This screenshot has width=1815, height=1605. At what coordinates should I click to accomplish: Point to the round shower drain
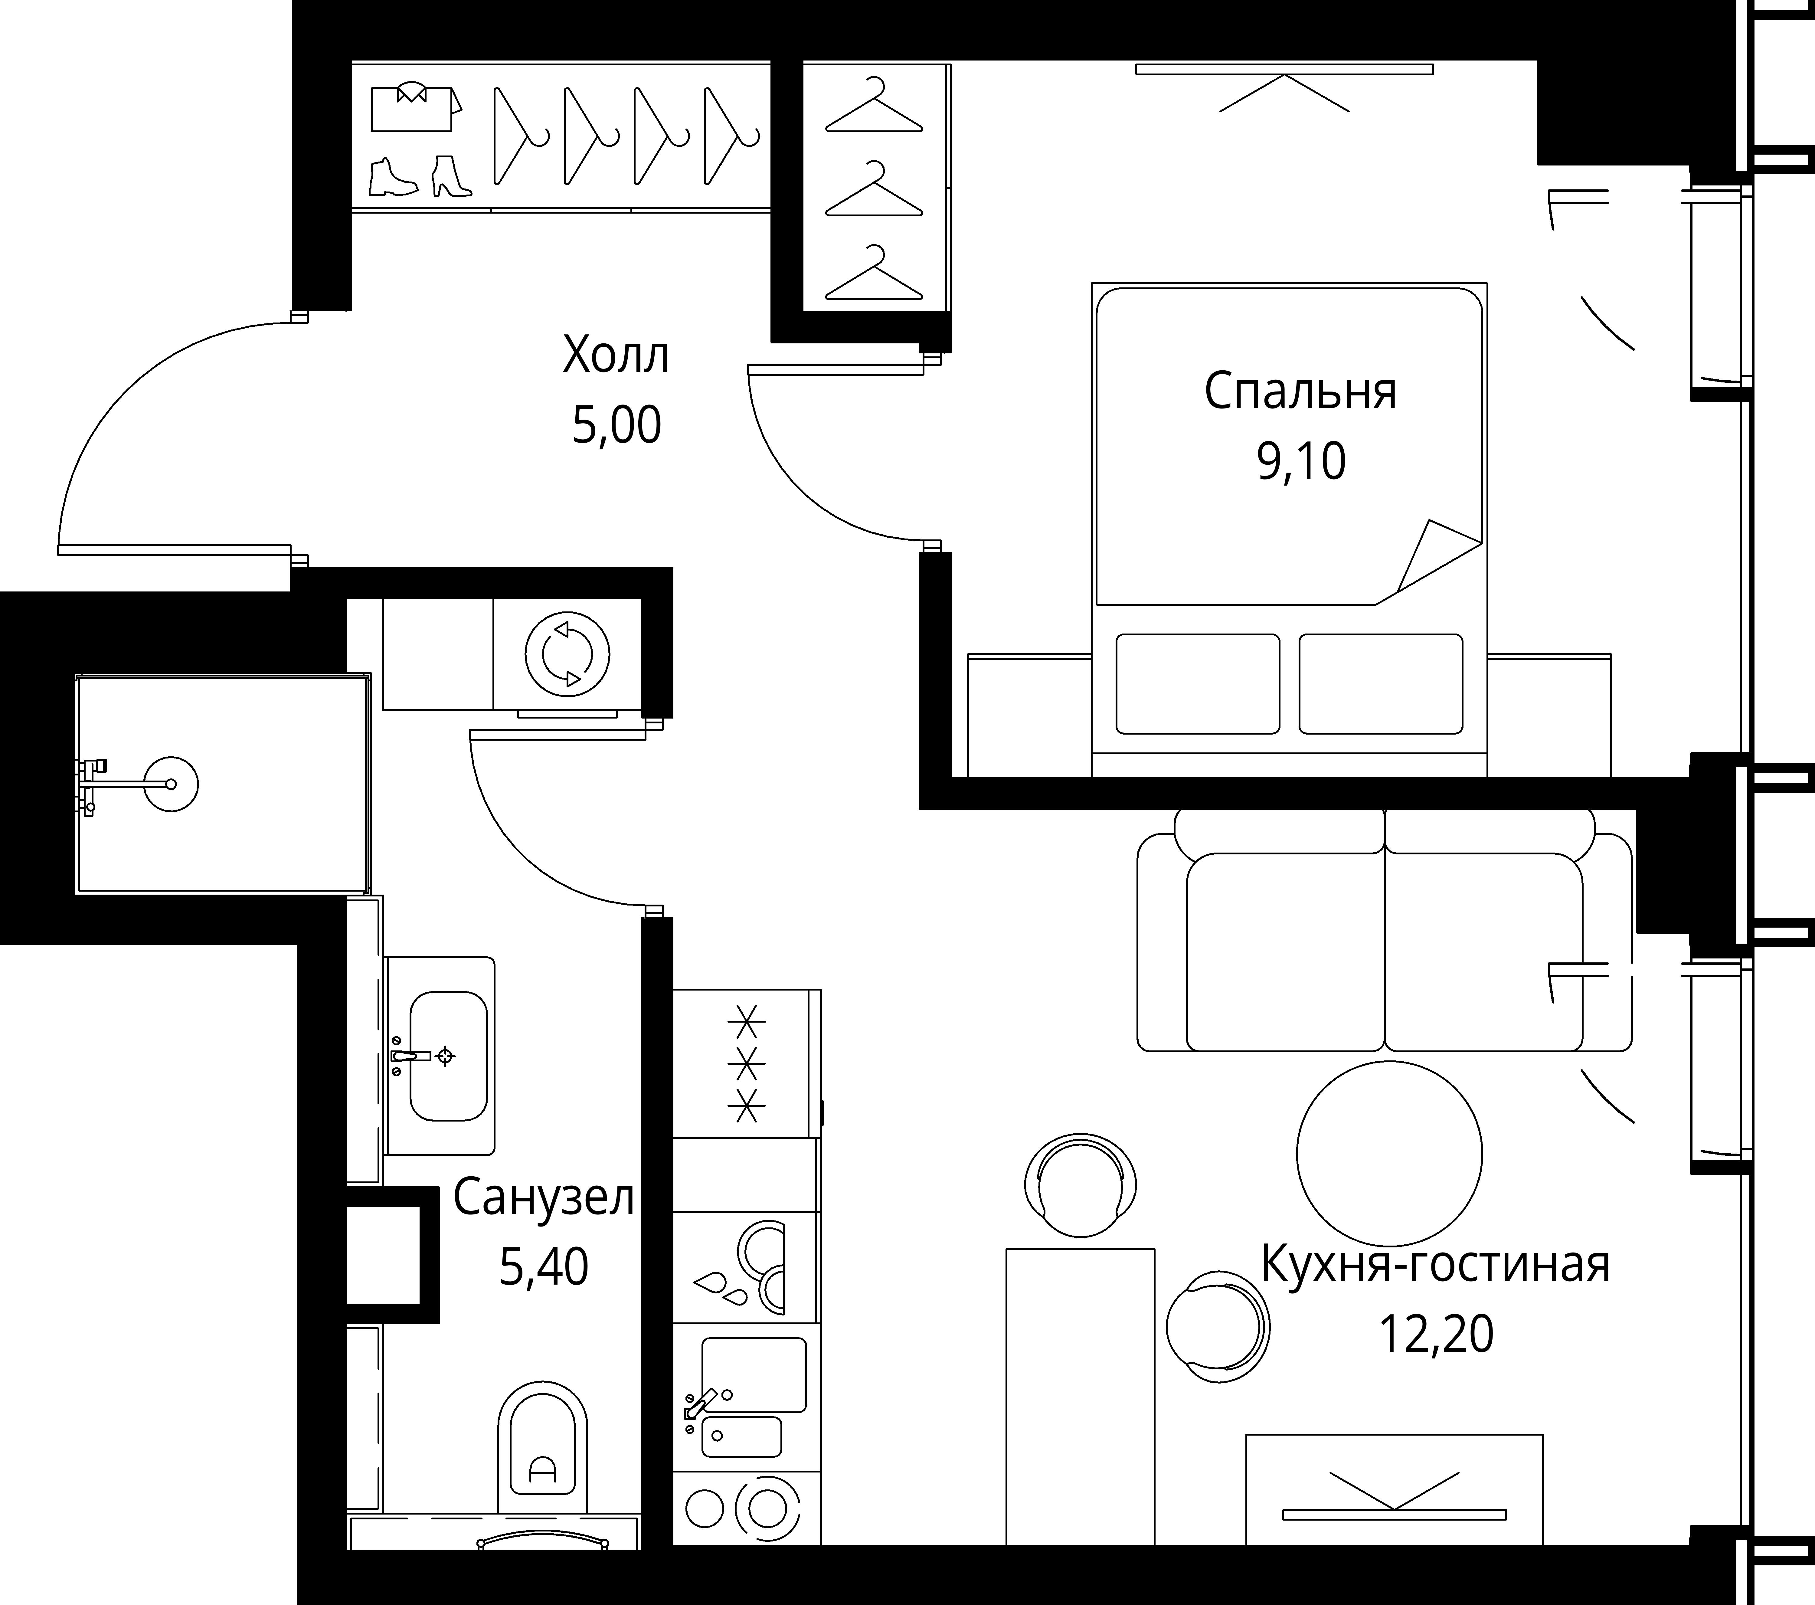(171, 783)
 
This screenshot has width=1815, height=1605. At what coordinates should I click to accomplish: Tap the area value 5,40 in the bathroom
(543, 1267)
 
